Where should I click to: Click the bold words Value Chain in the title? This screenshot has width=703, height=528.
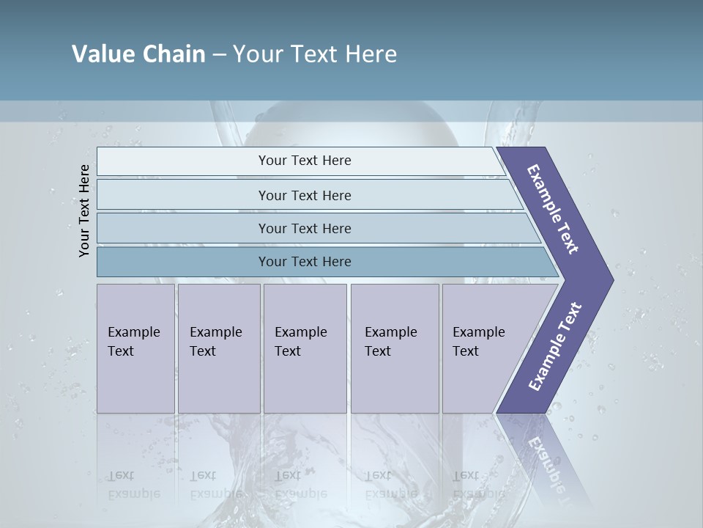pos(138,54)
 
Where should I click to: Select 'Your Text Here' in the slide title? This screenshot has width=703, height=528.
pos(315,54)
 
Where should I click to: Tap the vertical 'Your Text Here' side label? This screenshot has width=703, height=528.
pos(84,210)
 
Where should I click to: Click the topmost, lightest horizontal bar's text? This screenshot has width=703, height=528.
pos(305,161)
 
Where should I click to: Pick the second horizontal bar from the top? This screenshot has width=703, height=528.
pos(305,195)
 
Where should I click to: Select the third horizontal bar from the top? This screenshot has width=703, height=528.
pos(305,228)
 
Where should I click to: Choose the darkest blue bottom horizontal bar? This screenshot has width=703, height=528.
pos(305,262)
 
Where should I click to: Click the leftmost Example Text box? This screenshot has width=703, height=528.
pos(135,348)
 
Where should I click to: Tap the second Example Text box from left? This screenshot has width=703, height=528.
pos(218,348)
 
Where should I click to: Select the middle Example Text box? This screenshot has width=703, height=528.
pos(305,348)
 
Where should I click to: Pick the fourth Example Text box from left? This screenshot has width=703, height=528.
pos(394,348)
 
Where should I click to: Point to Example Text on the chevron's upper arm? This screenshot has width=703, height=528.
pos(553,209)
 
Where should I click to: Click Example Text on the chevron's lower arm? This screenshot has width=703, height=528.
pos(555,347)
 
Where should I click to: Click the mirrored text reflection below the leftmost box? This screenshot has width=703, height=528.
pos(133,485)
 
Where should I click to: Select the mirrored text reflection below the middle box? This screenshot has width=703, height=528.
pos(300,485)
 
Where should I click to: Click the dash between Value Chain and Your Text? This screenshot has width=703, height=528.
pos(219,55)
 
